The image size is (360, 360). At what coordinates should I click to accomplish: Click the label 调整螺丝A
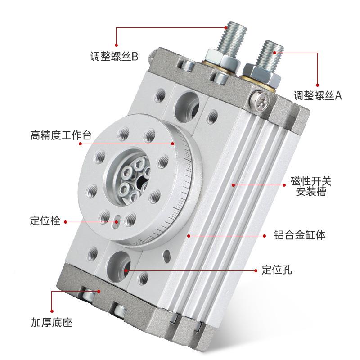(318, 95)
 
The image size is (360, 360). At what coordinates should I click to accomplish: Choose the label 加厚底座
(52, 323)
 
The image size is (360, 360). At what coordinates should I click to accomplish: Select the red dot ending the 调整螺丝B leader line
(117, 45)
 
